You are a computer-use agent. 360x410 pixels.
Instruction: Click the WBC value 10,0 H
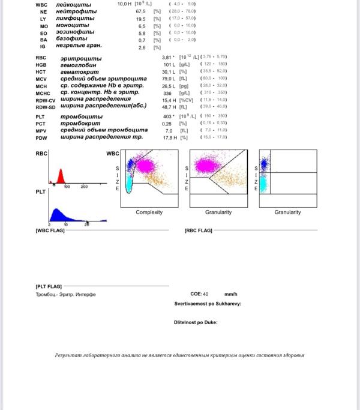pyautogui.click(x=125, y=4)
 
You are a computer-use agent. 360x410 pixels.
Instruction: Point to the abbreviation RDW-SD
pyautogui.click(x=45, y=107)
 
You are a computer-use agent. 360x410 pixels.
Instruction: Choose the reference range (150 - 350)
pyautogui.click(x=214, y=116)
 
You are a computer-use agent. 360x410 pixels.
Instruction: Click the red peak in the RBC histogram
pyautogui.click(x=60, y=176)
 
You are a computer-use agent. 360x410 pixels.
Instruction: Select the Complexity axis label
pyautogui.click(x=149, y=213)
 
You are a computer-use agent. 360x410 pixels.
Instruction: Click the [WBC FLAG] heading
pyautogui.click(x=50, y=231)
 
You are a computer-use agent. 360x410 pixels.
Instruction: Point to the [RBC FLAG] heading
pyautogui.click(x=199, y=231)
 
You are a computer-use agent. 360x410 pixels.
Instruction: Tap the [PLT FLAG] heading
pyautogui.click(x=49, y=286)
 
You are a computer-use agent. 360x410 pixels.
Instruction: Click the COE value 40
pyautogui.click(x=205, y=294)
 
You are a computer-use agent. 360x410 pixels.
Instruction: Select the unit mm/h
pyautogui.click(x=231, y=294)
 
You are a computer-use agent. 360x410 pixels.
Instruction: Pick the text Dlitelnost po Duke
pyautogui.click(x=196, y=322)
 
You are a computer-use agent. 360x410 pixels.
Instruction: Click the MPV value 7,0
pyautogui.click(x=169, y=130)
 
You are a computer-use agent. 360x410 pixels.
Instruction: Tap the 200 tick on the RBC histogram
pyautogui.click(x=84, y=187)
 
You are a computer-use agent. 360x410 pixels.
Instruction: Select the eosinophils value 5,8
pyautogui.click(x=142, y=34)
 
